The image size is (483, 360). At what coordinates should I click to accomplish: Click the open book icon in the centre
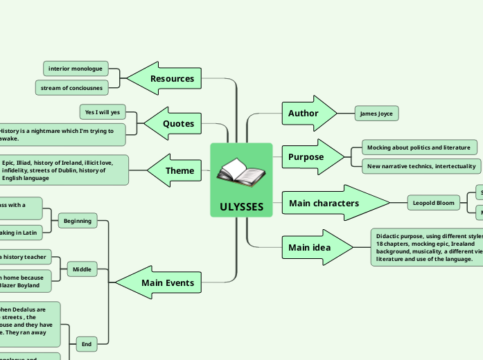coord(240,173)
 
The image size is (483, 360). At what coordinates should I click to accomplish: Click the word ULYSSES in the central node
coord(241,207)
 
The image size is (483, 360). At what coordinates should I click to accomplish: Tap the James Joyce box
coord(376,114)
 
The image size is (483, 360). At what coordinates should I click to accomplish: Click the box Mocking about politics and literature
coord(419,147)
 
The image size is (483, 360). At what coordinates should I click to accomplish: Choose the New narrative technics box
coord(421,166)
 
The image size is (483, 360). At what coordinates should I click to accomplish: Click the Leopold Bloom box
coord(433,203)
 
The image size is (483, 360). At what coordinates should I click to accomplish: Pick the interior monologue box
coord(76,69)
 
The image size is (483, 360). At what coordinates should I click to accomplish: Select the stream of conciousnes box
coord(71,88)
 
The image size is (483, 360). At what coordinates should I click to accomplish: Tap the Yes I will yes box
coord(103,112)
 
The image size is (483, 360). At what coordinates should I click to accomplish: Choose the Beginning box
coord(78,222)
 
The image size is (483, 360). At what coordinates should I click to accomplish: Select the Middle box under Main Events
coord(82,269)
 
